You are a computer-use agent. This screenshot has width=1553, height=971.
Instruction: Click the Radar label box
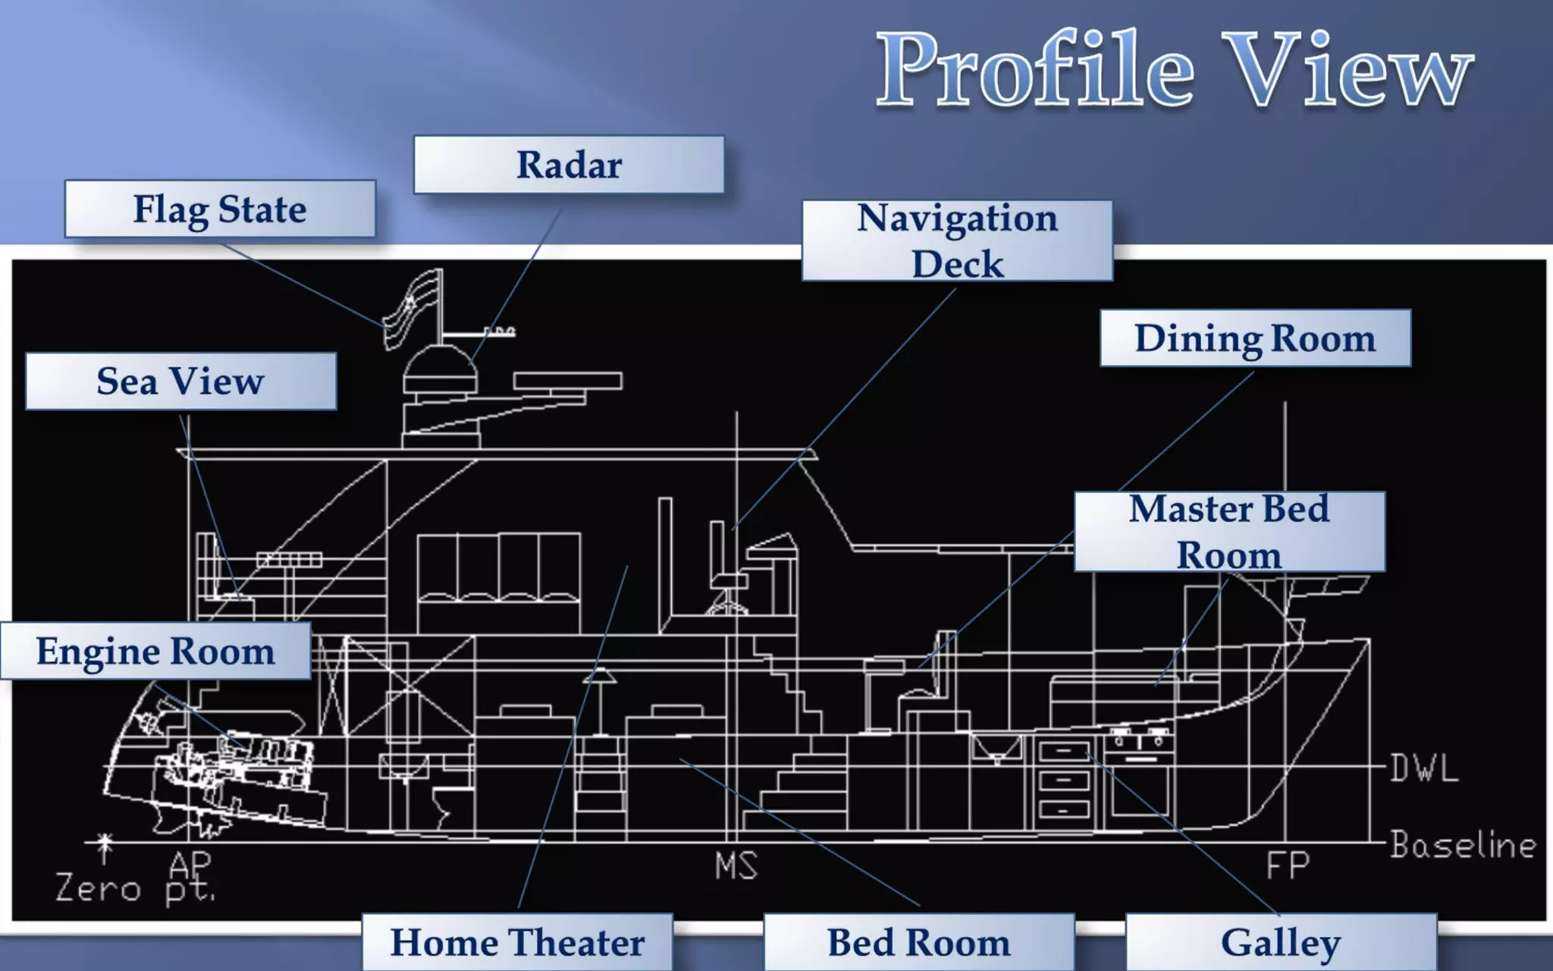[569, 165]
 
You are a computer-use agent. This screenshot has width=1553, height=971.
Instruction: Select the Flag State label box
[220, 209]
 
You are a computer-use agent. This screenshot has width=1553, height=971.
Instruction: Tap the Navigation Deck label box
[957, 240]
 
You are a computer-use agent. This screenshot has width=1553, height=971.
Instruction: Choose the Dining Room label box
[1255, 338]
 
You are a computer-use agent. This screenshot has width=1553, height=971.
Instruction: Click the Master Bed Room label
[1229, 531]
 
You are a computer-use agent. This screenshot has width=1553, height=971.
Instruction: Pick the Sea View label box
[180, 381]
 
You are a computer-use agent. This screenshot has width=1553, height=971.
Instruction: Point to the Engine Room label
[155, 651]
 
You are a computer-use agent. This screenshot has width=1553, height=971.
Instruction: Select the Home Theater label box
[517, 942]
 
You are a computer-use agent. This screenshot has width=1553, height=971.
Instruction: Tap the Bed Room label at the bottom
[918, 942]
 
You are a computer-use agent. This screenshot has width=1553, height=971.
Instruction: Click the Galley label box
[1281, 942]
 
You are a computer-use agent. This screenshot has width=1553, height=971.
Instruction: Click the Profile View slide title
[1174, 70]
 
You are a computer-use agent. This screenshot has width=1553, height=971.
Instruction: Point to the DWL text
[1424, 768]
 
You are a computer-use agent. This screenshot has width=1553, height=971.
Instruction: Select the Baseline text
[1463, 844]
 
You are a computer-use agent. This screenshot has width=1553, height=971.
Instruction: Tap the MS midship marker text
[736, 866]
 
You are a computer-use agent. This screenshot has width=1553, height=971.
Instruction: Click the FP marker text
[1288, 866]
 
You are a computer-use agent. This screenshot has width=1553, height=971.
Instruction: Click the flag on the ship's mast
[411, 309]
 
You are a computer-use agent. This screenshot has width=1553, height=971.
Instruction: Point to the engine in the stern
[235, 766]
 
